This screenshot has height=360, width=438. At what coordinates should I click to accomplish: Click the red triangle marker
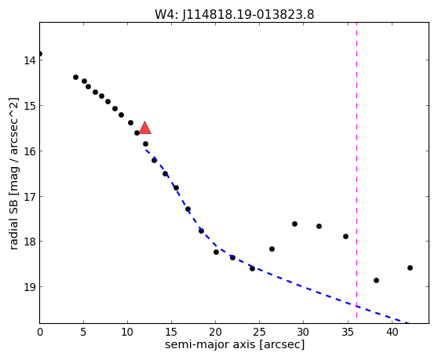click(x=145, y=128)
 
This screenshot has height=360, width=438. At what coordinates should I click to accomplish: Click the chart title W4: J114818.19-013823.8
click(x=235, y=15)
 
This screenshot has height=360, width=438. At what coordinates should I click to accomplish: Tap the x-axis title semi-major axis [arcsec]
click(x=235, y=344)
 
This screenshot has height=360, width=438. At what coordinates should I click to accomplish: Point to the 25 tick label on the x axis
click(x=260, y=332)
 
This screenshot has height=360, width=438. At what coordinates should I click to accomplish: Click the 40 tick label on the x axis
click(x=392, y=332)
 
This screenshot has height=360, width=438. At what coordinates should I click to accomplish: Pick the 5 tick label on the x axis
click(x=83, y=332)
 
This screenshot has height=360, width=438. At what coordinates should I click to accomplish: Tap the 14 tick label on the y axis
click(x=30, y=60)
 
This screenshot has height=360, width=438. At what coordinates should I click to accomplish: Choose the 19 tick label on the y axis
click(x=30, y=287)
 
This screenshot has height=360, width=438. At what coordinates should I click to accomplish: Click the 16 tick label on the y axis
click(x=30, y=151)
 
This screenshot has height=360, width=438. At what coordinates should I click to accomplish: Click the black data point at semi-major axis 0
click(x=40, y=53)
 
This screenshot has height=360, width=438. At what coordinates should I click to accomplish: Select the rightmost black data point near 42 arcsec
click(x=410, y=268)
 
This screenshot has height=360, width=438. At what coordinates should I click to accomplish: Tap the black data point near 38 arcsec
click(x=376, y=280)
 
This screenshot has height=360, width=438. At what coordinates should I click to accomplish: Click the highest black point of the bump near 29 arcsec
click(x=294, y=224)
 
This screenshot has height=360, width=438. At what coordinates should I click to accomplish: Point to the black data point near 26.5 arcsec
click(x=272, y=249)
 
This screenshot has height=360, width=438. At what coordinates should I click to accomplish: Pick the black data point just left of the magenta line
click(x=346, y=236)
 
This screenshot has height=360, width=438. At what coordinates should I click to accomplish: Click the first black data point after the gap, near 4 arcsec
click(x=75, y=78)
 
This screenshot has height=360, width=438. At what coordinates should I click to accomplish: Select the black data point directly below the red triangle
click(x=145, y=144)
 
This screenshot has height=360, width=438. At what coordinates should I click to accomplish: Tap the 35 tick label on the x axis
click(x=348, y=332)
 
